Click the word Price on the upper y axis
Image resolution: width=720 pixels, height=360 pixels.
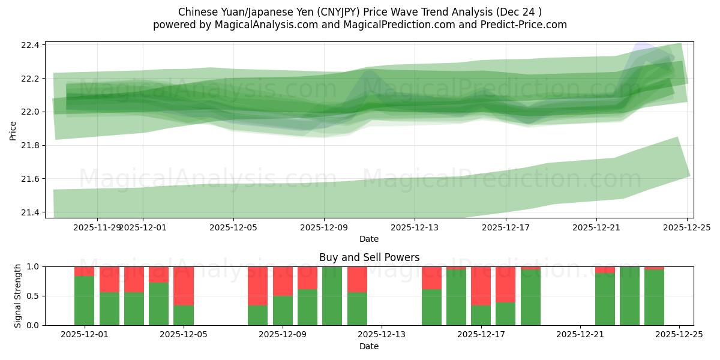pyautogui.click(x=13, y=130)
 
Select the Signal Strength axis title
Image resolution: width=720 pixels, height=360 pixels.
pyautogui.click(x=18, y=296)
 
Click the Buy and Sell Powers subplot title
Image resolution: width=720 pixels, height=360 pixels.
pyautogui.click(x=368, y=257)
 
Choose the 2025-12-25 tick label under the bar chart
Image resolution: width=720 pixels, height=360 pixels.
pyautogui.click(x=679, y=335)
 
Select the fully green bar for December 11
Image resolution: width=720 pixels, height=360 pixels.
pyautogui.click(x=332, y=296)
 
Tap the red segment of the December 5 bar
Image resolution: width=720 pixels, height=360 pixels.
pyautogui.click(x=183, y=286)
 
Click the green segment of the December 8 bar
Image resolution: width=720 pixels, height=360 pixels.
pyautogui.click(x=257, y=315)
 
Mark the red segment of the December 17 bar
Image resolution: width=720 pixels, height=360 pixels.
pyautogui.click(x=481, y=286)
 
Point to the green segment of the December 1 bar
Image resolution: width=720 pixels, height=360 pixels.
pyautogui.click(x=84, y=301)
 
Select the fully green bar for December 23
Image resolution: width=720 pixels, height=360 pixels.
pyautogui.click(x=629, y=296)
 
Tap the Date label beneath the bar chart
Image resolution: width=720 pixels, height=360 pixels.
pyautogui.click(x=368, y=346)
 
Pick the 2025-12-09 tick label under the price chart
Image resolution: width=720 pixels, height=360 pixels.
pyautogui.click(x=324, y=227)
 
